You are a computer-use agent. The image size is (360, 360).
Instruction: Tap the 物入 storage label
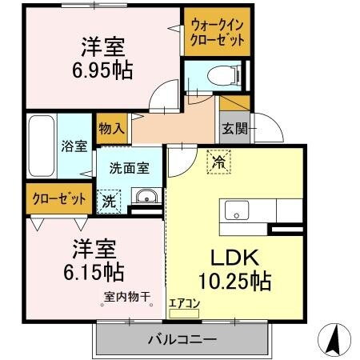pyautogui.click(x=111, y=127)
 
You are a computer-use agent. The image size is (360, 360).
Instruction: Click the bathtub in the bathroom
pyautogui.click(x=41, y=147)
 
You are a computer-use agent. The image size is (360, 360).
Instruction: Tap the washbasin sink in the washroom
pyautogui.click(x=145, y=198)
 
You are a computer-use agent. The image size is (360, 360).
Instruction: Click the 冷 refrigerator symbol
pyautogui.click(x=218, y=162)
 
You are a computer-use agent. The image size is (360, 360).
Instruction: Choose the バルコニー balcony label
pyautogui.click(x=181, y=339)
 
